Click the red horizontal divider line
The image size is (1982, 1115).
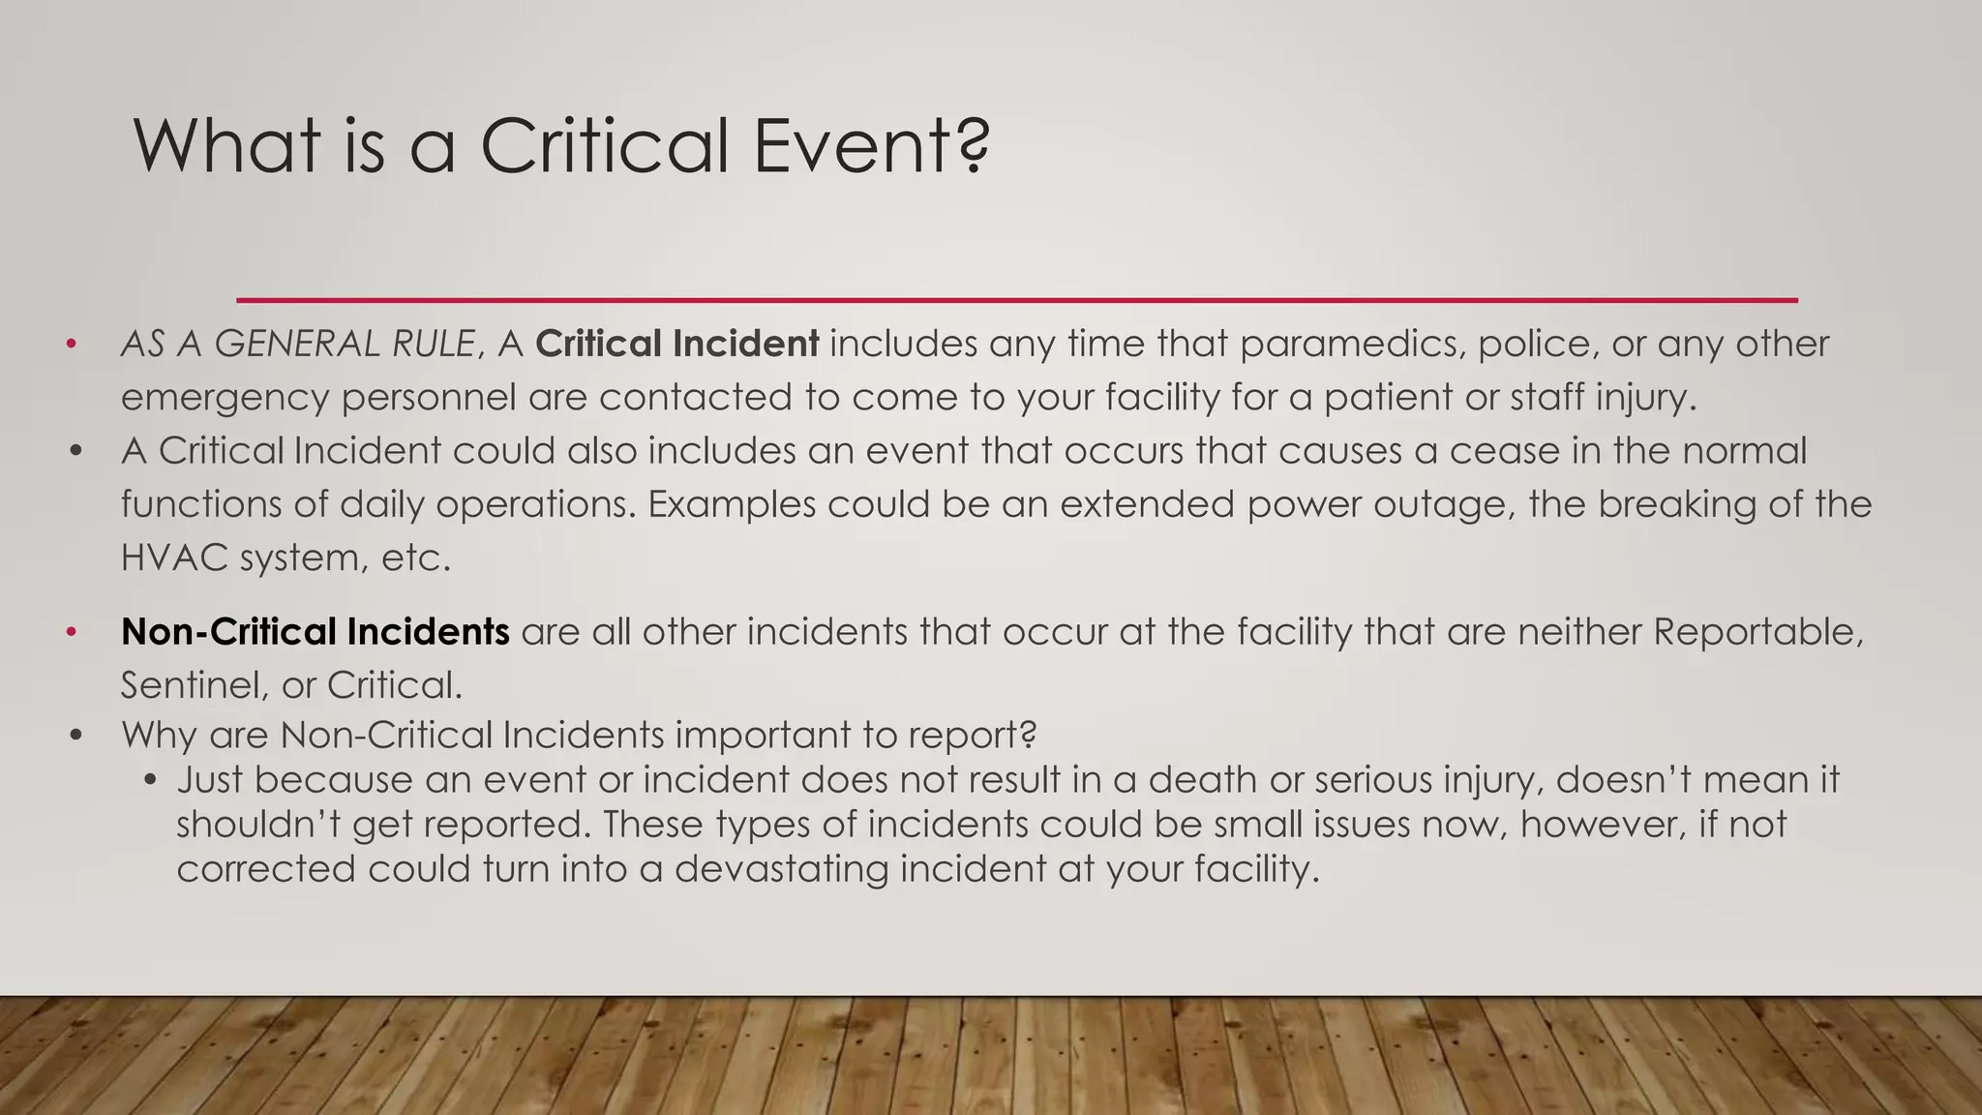pos(1016,300)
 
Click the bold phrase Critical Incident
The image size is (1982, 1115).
pos(677,344)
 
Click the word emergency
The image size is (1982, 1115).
pos(225,398)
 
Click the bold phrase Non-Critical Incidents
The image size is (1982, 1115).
pos(315,632)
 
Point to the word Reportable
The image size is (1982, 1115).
pos(1757,632)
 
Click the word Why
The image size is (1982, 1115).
pos(159,735)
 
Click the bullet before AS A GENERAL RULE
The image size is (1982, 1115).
pos(71,345)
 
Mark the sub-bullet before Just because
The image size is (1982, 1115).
pos(149,780)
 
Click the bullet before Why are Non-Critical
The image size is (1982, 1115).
pos(76,736)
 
